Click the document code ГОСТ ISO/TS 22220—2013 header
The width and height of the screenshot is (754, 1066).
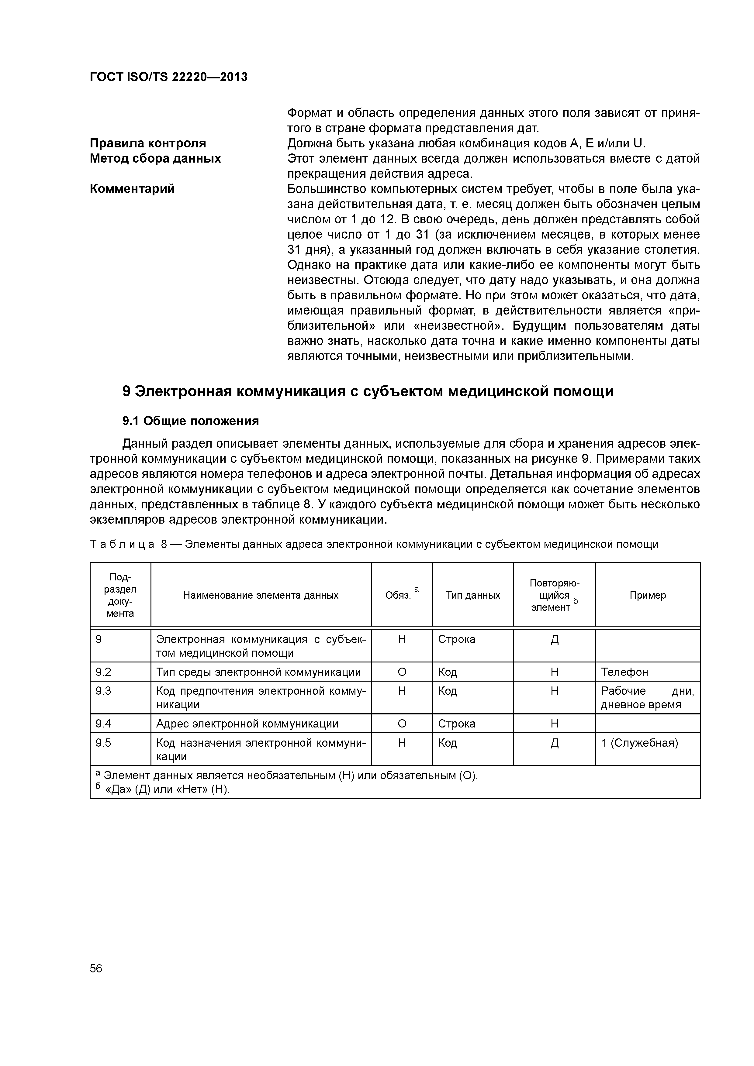pyautogui.click(x=168, y=77)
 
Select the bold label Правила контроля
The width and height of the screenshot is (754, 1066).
pyautogui.click(x=148, y=143)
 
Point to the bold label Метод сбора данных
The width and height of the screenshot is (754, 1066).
pyautogui.click(x=155, y=158)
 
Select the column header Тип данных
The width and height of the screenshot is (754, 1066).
pyautogui.click(x=472, y=595)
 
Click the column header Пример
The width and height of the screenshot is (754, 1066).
pyautogui.click(x=647, y=595)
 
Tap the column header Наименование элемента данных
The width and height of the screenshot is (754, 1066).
pyautogui.click(x=261, y=595)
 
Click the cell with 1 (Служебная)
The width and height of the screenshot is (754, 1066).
pyautogui.click(x=639, y=743)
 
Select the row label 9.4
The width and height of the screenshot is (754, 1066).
pyautogui.click(x=103, y=723)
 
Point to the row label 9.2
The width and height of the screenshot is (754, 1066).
pyautogui.click(x=103, y=672)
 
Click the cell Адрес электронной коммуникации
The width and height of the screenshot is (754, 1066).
pyautogui.click(x=247, y=723)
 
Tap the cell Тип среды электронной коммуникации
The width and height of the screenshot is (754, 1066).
pyautogui.click(x=258, y=672)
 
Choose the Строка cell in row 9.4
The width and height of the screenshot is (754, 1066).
pyautogui.click(x=457, y=723)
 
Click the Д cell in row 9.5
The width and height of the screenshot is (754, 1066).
pyautogui.click(x=554, y=743)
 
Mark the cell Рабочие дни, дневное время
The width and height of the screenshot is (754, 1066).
pyautogui.click(x=647, y=698)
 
